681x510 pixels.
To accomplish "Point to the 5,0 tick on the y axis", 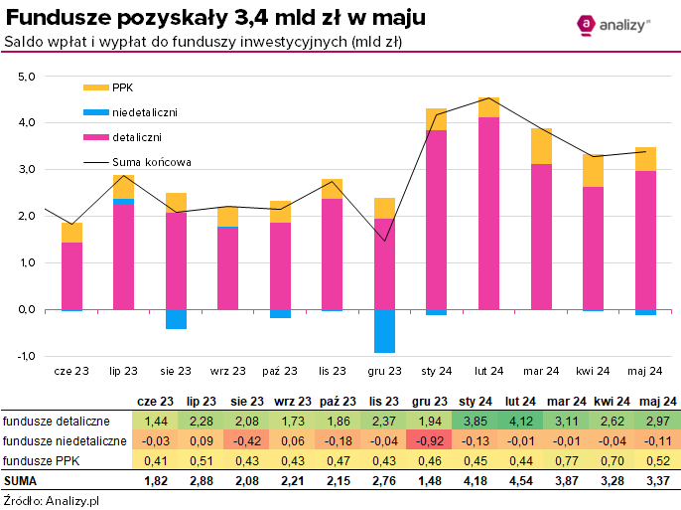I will pyautogui.click(x=26, y=76).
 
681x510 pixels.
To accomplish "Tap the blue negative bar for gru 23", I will pyautogui.click(x=384, y=331).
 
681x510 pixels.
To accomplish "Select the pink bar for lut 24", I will pyautogui.click(x=488, y=213).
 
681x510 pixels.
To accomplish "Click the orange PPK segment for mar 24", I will pyautogui.click(x=541, y=146).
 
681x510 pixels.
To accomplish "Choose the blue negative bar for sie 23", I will pyautogui.click(x=176, y=319).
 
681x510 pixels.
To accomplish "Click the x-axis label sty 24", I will pyautogui.click(x=437, y=371).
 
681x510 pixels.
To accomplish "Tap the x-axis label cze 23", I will pyautogui.click(x=71, y=371).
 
